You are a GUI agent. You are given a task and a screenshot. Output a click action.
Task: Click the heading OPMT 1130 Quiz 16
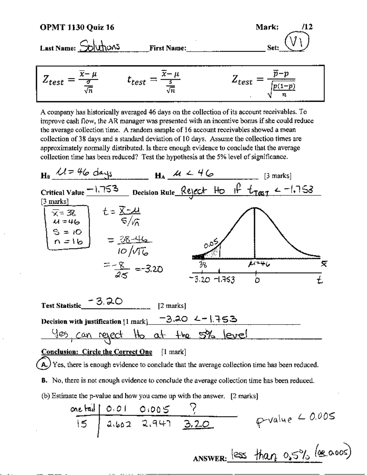tap(77, 28)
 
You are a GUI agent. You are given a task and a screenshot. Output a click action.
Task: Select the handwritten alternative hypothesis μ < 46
tap(193, 174)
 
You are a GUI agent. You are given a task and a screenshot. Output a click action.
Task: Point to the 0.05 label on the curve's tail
tap(211, 244)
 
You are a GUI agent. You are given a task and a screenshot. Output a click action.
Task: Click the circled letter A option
tap(45, 365)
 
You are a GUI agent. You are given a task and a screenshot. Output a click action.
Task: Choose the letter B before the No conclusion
tap(45, 381)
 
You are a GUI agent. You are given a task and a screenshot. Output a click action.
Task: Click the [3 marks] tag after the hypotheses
tap(277, 176)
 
